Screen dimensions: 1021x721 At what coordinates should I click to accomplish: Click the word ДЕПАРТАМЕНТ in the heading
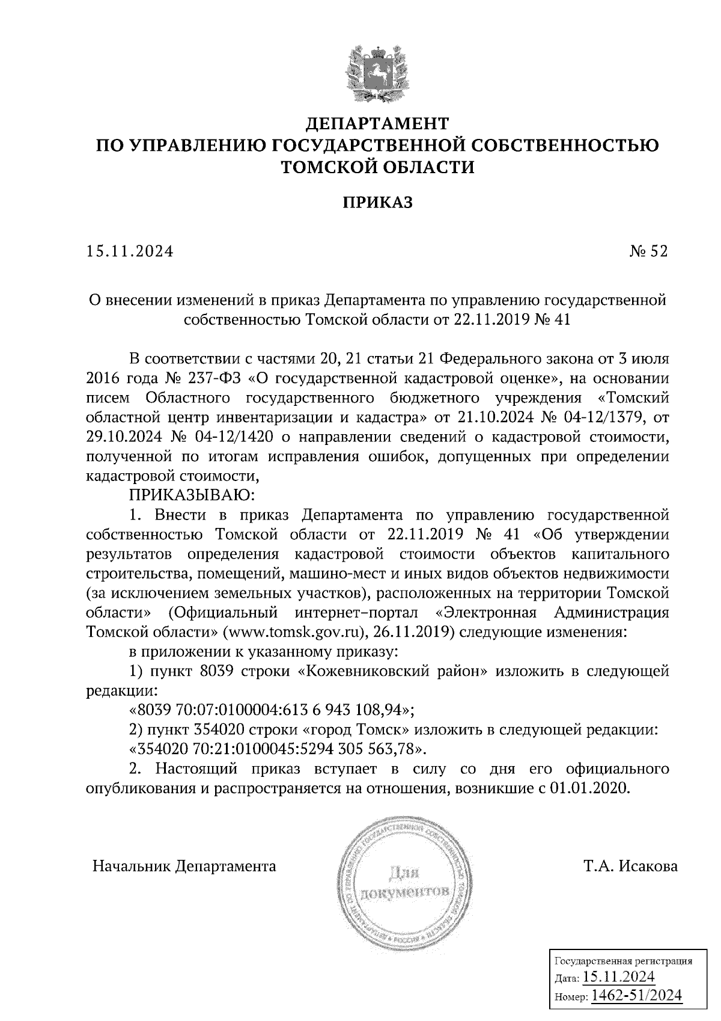(377, 124)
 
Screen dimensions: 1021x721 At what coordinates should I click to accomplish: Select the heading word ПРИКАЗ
(377, 203)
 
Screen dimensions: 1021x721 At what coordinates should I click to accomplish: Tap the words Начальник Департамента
(184, 866)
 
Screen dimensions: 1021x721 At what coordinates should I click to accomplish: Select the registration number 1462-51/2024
(637, 995)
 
